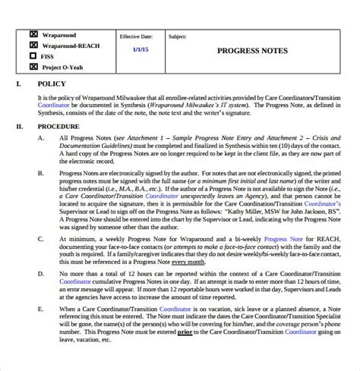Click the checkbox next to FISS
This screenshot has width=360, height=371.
tap(33, 55)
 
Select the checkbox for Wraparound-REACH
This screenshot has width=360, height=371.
tap(33, 45)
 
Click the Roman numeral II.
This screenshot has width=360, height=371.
tap(20, 127)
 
